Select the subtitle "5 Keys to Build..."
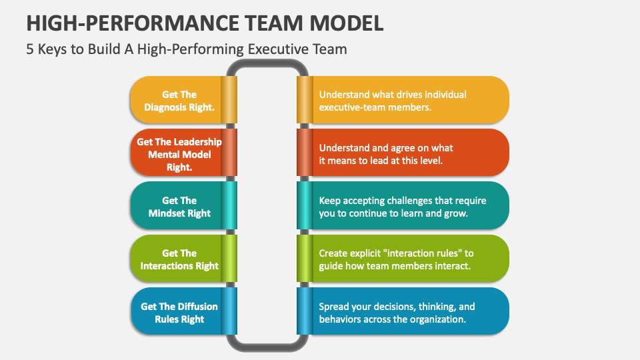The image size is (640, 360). coord(187,49)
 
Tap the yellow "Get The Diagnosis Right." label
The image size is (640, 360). coord(179,100)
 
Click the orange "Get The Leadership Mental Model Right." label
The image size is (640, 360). coord(179,154)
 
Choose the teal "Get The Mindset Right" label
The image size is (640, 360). coord(179,207)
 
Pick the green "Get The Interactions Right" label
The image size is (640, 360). coord(179,259)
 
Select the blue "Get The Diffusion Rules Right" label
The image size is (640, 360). coord(179,312)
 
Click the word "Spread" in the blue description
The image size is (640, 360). coord(334,307)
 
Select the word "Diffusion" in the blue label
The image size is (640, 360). coord(197,306)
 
